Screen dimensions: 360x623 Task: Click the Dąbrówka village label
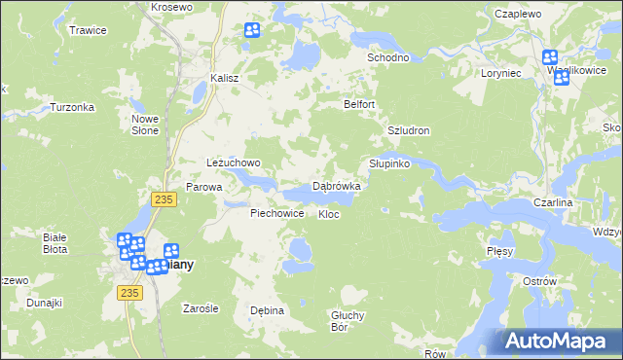[337, 185]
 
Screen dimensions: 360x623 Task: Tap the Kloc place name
[328, 214]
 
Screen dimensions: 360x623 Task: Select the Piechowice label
[277, 213]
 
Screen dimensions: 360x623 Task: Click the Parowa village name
[204, 187]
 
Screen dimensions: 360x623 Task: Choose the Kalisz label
[225, 79]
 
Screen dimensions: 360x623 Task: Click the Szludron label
[409, 130]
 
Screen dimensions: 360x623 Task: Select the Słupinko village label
[389, 163]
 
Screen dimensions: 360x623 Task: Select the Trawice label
[88, 30]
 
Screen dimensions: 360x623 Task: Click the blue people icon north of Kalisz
[252, 30]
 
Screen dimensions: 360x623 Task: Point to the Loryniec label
[501, 73]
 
